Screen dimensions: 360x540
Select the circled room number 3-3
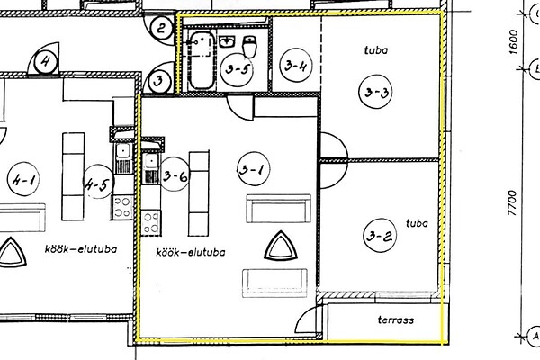click(376, 91)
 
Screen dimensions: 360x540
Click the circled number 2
click(161, 28)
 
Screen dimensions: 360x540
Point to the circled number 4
click(47, 63)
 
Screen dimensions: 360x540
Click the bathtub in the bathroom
click(199, 59)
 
